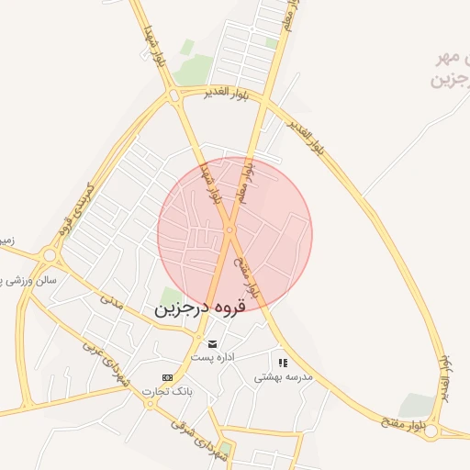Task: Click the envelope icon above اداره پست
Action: pos(212,343)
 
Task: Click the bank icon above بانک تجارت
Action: pos(167,377)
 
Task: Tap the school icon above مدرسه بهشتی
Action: pos(283,363)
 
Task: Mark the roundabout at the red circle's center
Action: pos(229,229)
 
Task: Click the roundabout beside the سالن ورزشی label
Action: pos(50,254)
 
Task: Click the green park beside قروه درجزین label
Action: pos(172,297)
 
